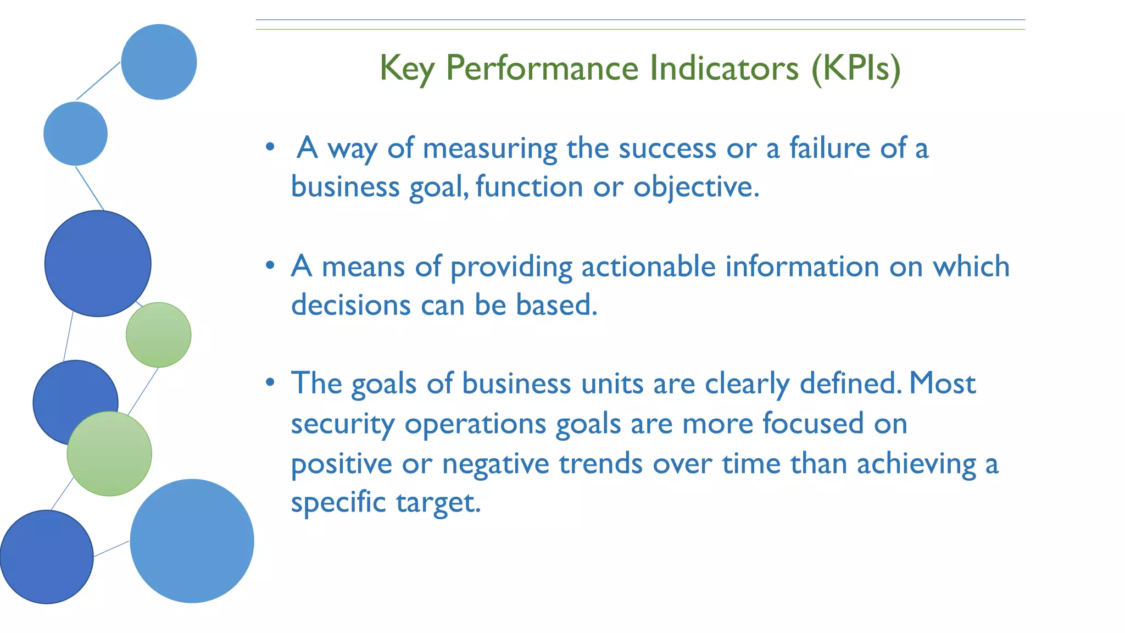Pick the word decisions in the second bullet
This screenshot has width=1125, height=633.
[x=350, y=305]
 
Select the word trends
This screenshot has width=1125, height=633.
[x=600, y=463]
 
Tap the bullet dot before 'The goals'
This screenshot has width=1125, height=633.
[x=270, y=382]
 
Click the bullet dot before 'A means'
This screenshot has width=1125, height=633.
[x=270, y=266]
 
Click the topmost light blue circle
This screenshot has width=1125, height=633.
[x=159, y=62]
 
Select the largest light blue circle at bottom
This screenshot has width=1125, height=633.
[x=192, y=541]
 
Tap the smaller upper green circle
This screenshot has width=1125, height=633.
[x=159, y=335]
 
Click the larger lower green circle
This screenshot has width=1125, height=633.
[x=109, y=454]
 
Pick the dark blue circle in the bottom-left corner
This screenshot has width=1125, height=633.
[x=46, y=557]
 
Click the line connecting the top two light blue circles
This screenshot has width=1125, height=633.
[x=98, y=81]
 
